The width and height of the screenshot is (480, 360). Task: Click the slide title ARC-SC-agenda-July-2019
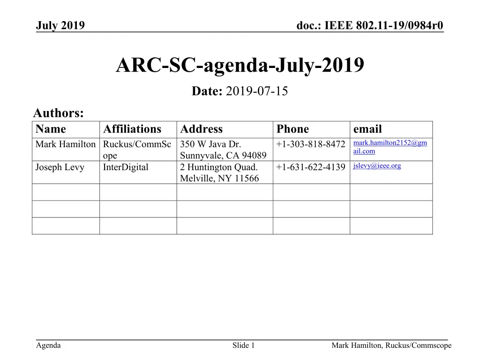point(240,66)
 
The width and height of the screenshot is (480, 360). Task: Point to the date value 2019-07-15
point(256,91)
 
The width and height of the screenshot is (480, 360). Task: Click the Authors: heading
point(59,113)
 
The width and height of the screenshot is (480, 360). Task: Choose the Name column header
point(51,129)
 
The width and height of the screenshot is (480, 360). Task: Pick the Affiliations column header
point(132,129)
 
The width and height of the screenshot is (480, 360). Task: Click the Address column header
point(201,129)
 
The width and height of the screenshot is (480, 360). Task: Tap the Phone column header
point(292,129)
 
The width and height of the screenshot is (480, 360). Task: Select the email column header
point(367,129)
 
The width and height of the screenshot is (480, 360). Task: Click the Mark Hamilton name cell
point(66,144)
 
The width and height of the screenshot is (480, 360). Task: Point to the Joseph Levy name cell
point(60,167)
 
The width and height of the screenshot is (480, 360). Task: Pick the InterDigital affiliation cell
point(126,167)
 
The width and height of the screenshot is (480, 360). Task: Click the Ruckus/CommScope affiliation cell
point(137,150)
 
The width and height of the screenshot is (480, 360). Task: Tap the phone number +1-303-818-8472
point(311,144)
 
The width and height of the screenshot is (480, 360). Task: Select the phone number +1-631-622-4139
point(311,167)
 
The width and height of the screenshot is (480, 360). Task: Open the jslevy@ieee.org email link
point(377,165)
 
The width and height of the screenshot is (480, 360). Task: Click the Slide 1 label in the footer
point(243,346)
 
